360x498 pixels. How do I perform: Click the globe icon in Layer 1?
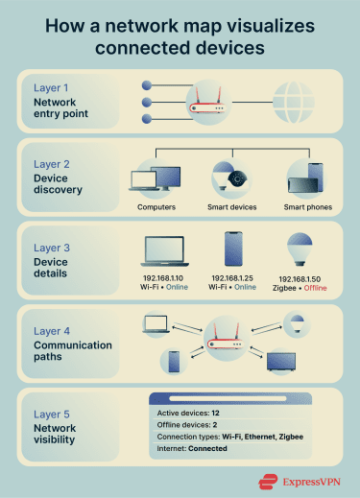coord(296,100)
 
